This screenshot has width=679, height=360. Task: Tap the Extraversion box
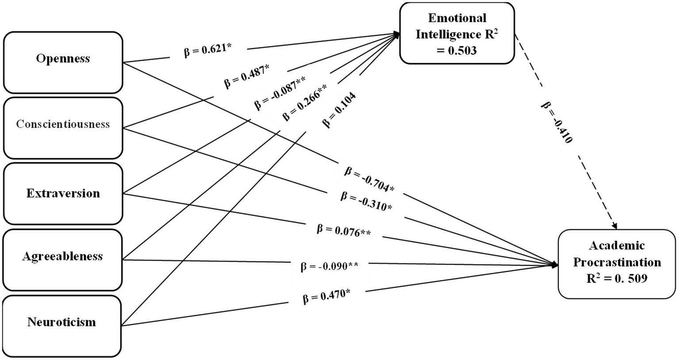[63, 193]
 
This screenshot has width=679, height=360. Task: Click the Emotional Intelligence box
[457, 34]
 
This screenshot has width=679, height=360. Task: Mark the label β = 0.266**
[305, 103]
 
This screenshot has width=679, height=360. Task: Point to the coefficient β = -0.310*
[366, 201]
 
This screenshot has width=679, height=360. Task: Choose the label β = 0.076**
[343, 230]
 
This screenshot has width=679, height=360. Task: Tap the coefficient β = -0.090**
[329, 266]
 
